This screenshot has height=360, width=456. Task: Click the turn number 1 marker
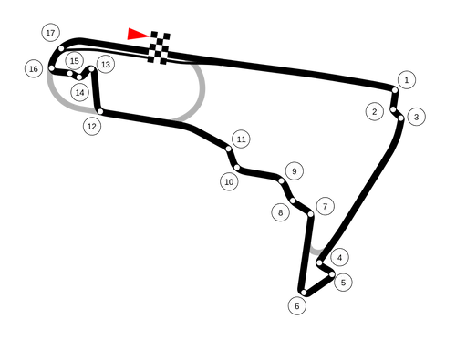406,80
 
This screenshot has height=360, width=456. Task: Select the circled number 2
374,111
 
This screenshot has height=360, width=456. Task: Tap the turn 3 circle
416,117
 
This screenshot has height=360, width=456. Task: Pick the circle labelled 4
339,257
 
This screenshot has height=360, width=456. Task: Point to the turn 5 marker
342,283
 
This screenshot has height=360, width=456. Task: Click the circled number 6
296,305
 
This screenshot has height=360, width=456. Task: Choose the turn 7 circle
325,206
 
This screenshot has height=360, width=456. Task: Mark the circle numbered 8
280,212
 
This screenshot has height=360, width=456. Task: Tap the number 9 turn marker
293,170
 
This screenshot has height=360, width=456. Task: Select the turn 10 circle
229,181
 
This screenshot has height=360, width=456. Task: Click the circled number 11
241,139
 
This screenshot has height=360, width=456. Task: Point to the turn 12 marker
91,126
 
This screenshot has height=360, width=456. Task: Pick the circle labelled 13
105,64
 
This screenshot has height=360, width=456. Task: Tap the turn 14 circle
79,92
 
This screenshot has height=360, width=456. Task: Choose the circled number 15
74,61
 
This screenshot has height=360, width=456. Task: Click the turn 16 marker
34,68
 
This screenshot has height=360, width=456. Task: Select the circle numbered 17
50,33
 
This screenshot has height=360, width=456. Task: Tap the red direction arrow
135,34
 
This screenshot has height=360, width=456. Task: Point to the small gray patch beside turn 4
316,248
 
